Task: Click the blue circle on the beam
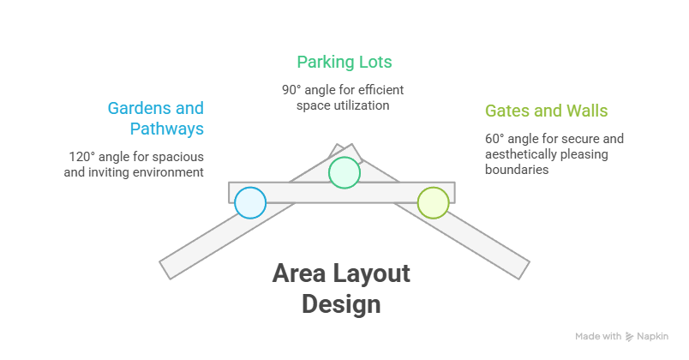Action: point(250,203)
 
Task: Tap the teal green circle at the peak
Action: point(344,172)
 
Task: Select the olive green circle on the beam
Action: point(433,203)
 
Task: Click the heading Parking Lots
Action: point(344,62)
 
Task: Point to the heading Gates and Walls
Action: point(546,111)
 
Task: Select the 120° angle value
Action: point(82,157)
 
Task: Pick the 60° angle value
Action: point(496,138)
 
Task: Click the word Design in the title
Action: point(341,304)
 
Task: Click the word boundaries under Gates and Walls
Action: point(517,170)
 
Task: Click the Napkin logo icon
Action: point(630,337)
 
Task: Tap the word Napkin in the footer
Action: point(652,337)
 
